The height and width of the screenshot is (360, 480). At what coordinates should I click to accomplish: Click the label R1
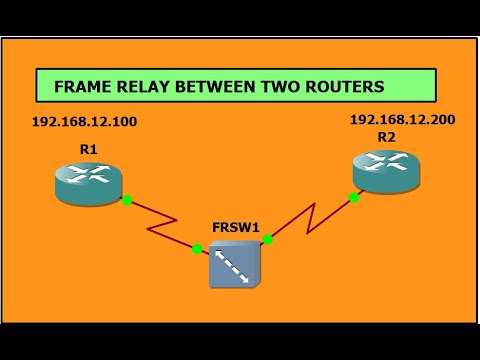click(88, 148)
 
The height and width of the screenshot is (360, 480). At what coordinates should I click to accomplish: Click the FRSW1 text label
click(237, 227)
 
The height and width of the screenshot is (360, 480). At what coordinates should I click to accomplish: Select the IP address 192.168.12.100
click(84, 122)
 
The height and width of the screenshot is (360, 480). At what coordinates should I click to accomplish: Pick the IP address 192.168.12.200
click(402, 119)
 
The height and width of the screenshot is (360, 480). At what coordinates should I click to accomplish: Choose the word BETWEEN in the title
click(223, 86)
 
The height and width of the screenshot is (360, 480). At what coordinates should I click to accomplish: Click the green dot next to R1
click(127, 200)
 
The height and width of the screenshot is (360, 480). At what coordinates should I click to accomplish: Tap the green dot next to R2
click(354, 198)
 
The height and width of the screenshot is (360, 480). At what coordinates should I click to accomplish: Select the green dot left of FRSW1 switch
click(197, 249)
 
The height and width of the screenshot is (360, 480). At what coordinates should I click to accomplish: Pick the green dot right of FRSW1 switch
click(268, 239)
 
